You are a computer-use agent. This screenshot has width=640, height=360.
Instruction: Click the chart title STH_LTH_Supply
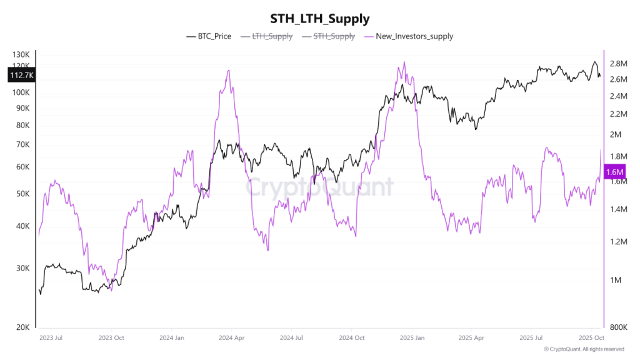pyautogui.click(x=319, y=19)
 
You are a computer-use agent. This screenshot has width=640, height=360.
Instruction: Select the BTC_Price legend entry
pyautogui.click(x=209, y=36)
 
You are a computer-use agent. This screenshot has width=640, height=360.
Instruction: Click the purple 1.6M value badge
pyautogui.click(x=615, y=171)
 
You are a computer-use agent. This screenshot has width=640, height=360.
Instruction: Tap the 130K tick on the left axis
pyautogui.click(x=21, y=55)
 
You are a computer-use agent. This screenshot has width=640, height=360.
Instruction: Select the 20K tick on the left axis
pyautogui.click(x=22, y=327)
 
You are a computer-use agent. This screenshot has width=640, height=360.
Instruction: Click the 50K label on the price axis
pyautogui.click(x=22, y=194)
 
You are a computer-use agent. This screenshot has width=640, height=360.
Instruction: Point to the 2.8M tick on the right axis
pyautogui.click(x=618, y=64)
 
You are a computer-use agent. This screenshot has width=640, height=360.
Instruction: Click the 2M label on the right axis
pyautogui.click(x=616, y=135)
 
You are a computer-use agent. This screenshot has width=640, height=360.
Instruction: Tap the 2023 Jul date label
pyautogui.click(x=50, y=338)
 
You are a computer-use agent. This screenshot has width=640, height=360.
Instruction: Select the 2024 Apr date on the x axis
pyautogui.click(x=231, y=338)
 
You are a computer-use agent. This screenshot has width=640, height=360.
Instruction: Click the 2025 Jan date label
pyautogui.click(x=412, y=338)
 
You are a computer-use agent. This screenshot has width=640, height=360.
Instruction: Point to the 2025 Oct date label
pyautogui.click(x=591, y=338)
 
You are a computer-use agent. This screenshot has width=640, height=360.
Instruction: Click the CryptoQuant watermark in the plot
pyautogui.click(x=319, y=187)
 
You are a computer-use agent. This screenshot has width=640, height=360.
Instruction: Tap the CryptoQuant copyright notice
pyautogui.click(x=584, y=349)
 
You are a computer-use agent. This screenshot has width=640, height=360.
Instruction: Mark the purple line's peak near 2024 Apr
pyautogui.click(x=229, y=70)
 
